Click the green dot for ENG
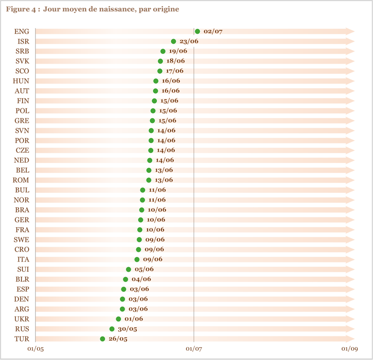(x=197, y=31)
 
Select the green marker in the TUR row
(x=102, y=339)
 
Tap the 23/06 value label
(x=189, y=42)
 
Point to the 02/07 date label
(x=213, y=31)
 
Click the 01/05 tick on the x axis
(x=35, y=349)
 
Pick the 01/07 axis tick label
(x=194, y=349)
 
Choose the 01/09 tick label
(x=349, y=349)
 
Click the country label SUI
(x=23, y=269)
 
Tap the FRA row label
(x=23, y=230)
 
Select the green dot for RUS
(x=112, y=329)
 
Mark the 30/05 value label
(x=128, y=329)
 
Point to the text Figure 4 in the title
(x=20, y=9)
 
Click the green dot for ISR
(x=173, y=42)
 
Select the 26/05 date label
(x=118, y=339)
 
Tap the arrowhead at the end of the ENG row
(x=350, y=31)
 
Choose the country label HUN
(x=21, y=81)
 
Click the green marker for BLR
(x=126, y=279)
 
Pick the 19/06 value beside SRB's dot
(x=178, y=51)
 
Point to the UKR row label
(x=22, y=319)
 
